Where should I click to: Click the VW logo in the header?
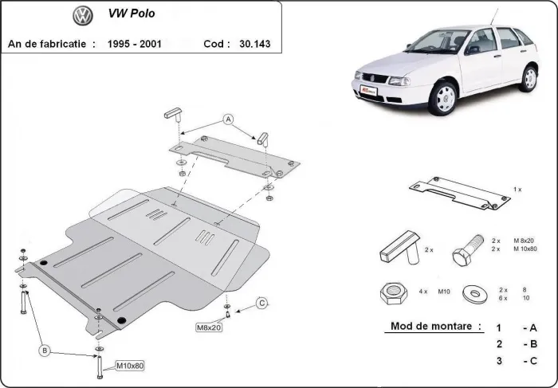click(x=81, y=15)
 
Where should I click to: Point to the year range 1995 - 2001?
click(x=134, y=44)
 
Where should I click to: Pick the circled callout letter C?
click(x=261, y=303)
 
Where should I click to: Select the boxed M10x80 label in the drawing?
click(x=130, y=366)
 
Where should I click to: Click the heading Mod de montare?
click(x=435, y=326)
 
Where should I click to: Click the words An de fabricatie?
click(x=50, y=44)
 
